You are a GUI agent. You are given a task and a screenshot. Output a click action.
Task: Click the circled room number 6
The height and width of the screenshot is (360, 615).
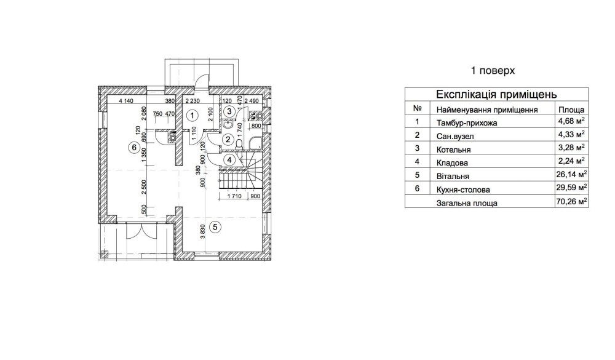coord(134,148)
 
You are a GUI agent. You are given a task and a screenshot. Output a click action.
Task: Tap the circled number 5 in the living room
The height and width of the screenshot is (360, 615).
coord(215,226)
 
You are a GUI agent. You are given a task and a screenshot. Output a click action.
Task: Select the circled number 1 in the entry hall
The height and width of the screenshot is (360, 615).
coord(192,116)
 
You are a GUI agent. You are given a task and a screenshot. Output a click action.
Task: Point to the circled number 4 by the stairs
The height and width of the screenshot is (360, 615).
coord(229,160)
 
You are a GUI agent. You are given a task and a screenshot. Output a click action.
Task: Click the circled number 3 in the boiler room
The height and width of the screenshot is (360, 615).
coord(230,111)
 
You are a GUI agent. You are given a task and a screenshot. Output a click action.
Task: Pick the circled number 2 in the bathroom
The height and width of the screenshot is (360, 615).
coord(228,139)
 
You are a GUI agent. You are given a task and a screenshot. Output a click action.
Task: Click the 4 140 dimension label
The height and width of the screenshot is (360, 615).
coord(126,101)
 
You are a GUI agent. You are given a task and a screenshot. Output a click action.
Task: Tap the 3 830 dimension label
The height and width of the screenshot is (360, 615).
coord(203,231)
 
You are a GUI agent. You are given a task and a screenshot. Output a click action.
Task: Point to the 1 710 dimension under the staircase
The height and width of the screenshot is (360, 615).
coord(234,196)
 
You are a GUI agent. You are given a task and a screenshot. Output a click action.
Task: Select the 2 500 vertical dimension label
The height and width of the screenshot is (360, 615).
coord(144,187)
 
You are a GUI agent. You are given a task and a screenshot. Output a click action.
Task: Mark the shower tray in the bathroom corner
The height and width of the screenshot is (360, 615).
coord(255,143)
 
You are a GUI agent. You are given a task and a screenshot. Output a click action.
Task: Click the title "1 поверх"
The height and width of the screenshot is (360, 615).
coord(493,71)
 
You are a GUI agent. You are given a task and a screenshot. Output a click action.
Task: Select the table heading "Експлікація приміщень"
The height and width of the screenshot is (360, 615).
coord(496,95)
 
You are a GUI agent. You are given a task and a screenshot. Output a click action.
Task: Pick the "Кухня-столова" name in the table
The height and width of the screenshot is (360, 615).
coord(463,190)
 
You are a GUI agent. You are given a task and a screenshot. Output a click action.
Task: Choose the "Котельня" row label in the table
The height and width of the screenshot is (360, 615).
coord(453,150)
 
